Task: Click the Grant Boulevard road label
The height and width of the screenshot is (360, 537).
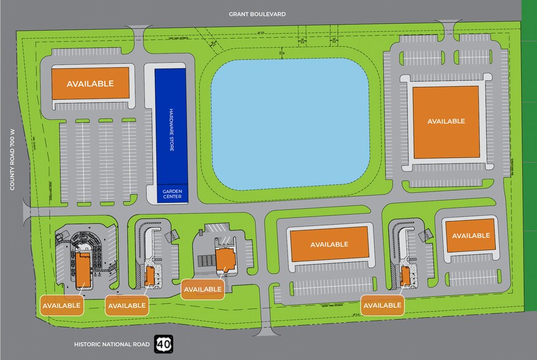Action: [x=257, y=13]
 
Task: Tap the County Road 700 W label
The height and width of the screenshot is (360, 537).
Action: [x=12, y=159]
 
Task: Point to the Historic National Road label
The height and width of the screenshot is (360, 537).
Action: [x=111, y=345]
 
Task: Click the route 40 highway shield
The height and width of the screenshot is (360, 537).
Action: [x=163, y=344]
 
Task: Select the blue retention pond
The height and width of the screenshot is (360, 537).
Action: [x=291, y=125]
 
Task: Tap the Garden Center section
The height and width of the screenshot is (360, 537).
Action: [x=171, y=193]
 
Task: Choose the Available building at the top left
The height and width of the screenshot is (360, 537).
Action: [x=91, y=83]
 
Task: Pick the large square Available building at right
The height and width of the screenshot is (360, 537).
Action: [x=446, y=121]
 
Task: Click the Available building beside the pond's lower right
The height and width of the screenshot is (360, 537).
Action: [x=329, y=244]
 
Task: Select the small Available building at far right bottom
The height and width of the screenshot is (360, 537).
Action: [x=471, y=235]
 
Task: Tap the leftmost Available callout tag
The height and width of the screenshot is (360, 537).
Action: [x=61, y=305]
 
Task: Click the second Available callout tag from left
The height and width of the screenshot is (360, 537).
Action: [x=126, y=305]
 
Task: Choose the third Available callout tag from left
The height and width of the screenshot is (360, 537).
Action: [x=203, y=289]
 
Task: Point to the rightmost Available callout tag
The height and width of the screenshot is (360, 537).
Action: [x=382, y=305]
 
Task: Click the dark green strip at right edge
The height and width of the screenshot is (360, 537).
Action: [x=529, y=122]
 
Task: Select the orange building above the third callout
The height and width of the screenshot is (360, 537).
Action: [x=225, y=260]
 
